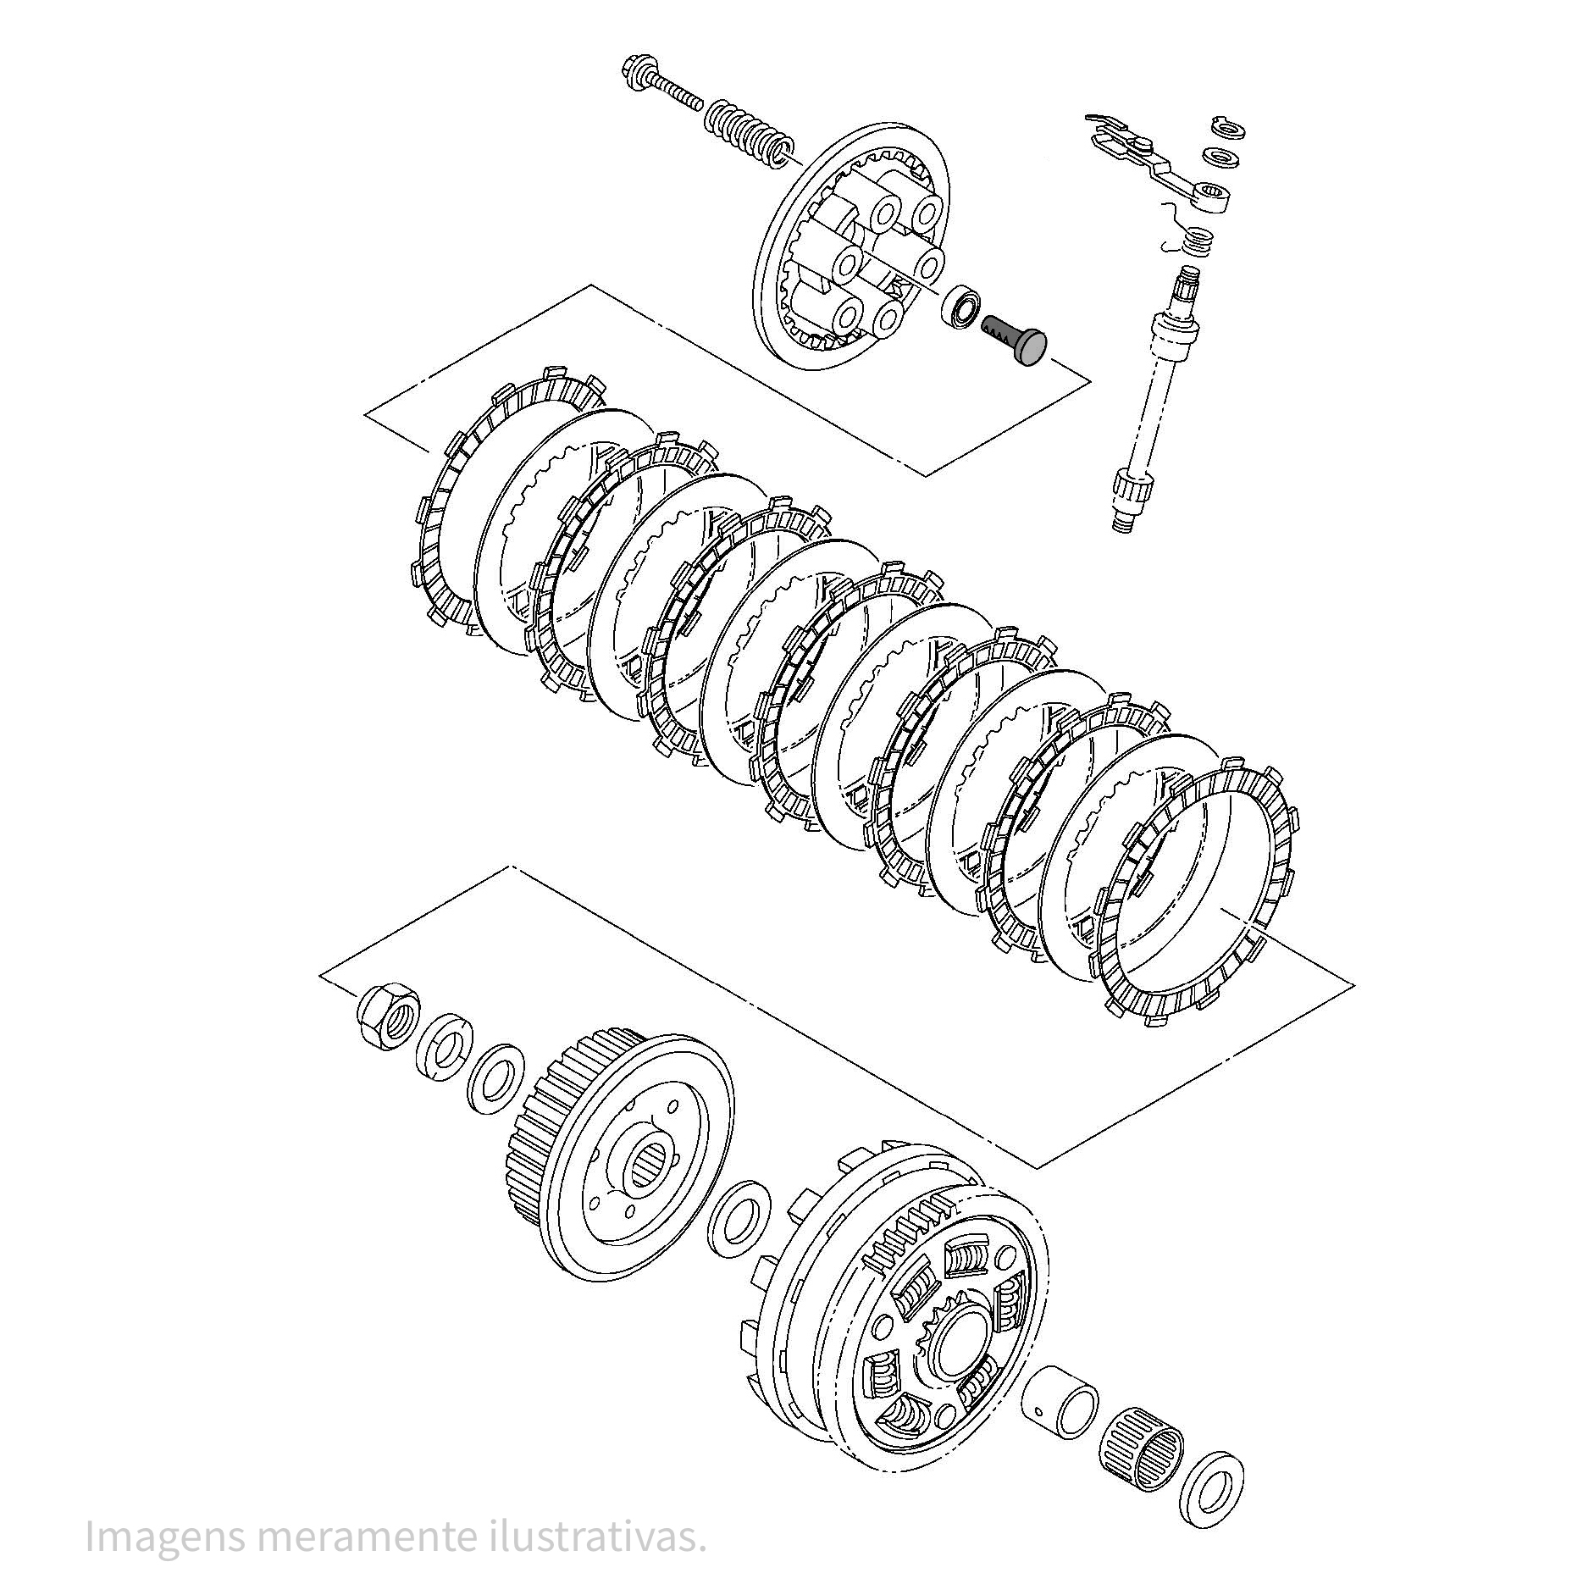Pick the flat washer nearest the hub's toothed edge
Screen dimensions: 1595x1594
pos(495,1078)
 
